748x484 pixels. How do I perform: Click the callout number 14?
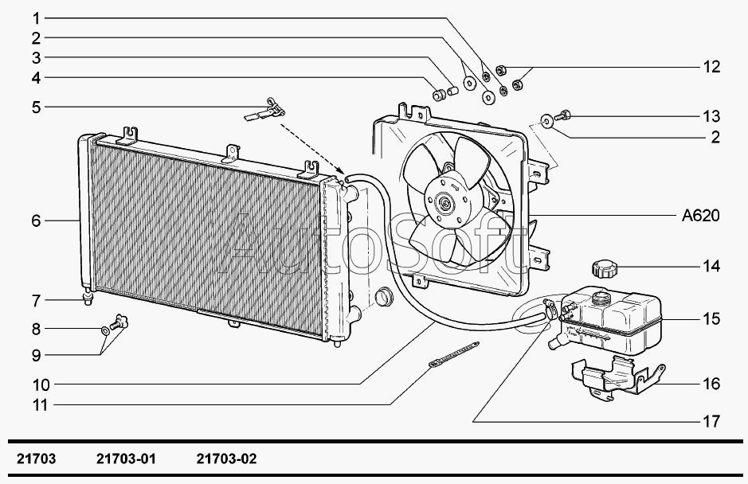tap(711, 266)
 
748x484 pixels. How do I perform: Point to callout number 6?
tap(36, 221)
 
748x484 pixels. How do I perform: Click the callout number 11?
tap(40, 405)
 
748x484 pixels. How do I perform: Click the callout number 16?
tap(711, 384)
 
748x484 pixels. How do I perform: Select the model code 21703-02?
tap(226, 459)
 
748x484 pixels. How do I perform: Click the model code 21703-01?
tap(125, 459)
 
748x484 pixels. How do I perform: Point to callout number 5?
tap(36, 106)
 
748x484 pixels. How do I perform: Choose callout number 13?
tap(711, 116)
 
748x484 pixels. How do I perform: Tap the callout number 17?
tap(711, 420)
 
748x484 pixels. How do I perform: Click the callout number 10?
tap(40, 385)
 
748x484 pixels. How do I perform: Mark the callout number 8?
tap(36, 329)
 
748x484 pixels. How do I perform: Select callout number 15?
tap(711, 319)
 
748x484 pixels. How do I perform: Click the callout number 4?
tap(36, 78)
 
